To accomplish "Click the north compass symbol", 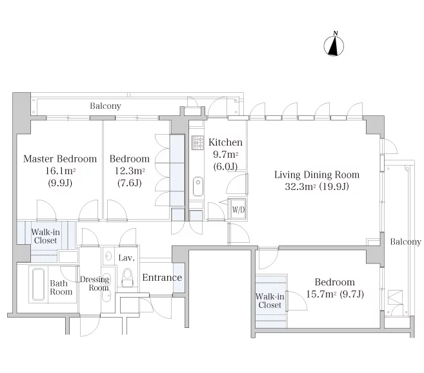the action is point(334,44).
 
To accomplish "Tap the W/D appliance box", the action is point(238,209).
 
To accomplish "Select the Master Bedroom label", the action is point(60,158).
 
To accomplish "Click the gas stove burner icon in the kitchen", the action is point(197,142).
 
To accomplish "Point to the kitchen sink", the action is point(198,186).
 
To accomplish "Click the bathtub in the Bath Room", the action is point(38,284).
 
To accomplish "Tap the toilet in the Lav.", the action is point(127,278).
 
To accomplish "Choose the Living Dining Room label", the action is point(317,175).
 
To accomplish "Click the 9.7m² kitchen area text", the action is point(225,155).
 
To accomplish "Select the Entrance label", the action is point(162,278).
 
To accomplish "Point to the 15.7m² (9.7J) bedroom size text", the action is point(335,294).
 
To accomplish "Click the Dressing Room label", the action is point(95,283).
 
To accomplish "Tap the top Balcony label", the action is point(105,106).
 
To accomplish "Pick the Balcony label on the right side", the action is point(405,242).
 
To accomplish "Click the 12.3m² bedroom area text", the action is point(130,171).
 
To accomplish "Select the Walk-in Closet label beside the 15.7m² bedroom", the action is point(270,301).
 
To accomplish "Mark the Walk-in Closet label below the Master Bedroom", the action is point(45,236).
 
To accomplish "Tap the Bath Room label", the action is point(61,287).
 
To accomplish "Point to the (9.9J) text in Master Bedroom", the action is point(60,183).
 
